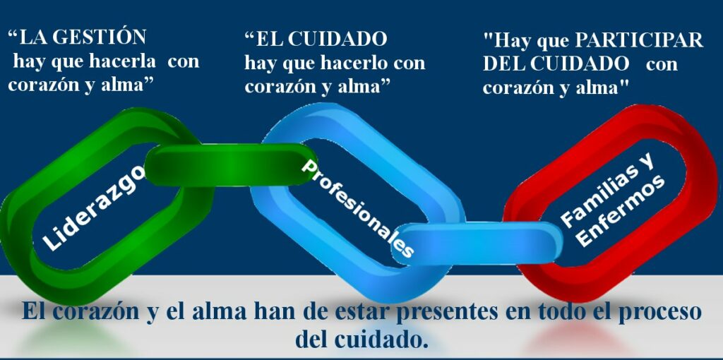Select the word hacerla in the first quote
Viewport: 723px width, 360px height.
(123, 61)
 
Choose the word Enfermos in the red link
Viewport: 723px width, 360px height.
(620, 211)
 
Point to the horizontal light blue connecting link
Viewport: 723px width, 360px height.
(477, 244)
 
